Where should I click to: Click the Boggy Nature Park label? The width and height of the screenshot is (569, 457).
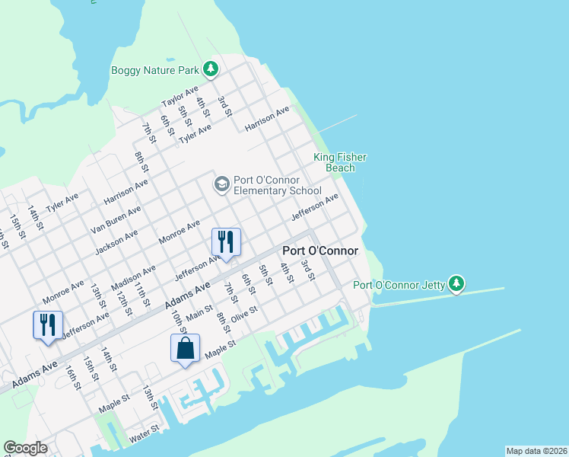coord(154,71)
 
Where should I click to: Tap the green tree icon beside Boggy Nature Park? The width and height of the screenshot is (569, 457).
coord(211,70)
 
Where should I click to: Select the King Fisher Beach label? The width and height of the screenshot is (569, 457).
coord(340,162)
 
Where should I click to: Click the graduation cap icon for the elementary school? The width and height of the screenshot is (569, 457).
coord(221,184)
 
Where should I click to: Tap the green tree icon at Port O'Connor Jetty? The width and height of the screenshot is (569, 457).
coord(456,284)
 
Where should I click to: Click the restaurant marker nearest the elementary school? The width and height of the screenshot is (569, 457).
coord(226,242)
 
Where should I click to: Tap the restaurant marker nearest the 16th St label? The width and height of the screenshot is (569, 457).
coord(48,324)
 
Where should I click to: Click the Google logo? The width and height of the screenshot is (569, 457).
coord(25,448)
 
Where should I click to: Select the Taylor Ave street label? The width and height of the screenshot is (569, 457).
coord(180,97)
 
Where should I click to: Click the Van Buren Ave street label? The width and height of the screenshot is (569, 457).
coord(116,220)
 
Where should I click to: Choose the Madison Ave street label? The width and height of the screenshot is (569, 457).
coord(133,277)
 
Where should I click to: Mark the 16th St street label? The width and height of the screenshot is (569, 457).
coord(73,376)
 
